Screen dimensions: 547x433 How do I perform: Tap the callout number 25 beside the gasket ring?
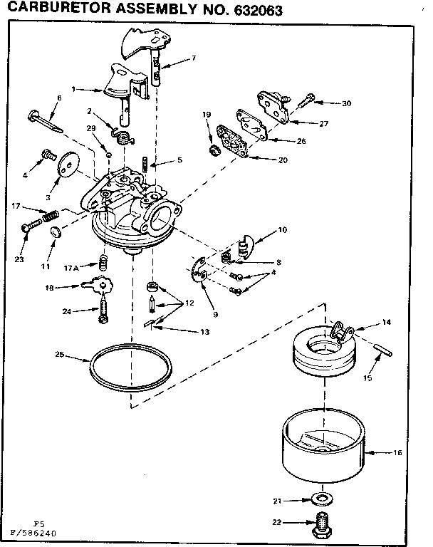tap(60, 353)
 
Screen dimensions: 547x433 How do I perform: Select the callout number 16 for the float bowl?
tap(397, 452)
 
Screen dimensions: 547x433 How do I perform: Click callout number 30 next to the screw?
tap(346, 103)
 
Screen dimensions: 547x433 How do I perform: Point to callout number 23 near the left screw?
tap(19, 259)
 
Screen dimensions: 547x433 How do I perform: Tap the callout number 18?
tap(51, 288)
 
